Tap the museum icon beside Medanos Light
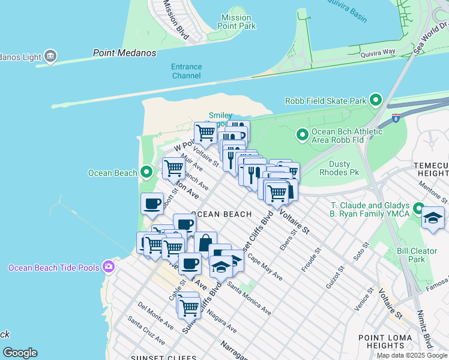pos(50,57)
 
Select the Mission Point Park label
pos(236,22)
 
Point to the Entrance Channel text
pos(186,71)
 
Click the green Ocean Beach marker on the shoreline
pos(146,173)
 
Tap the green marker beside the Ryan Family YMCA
pos(419,210)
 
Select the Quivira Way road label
pos(378,53)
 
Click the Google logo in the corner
pos(20,353)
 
